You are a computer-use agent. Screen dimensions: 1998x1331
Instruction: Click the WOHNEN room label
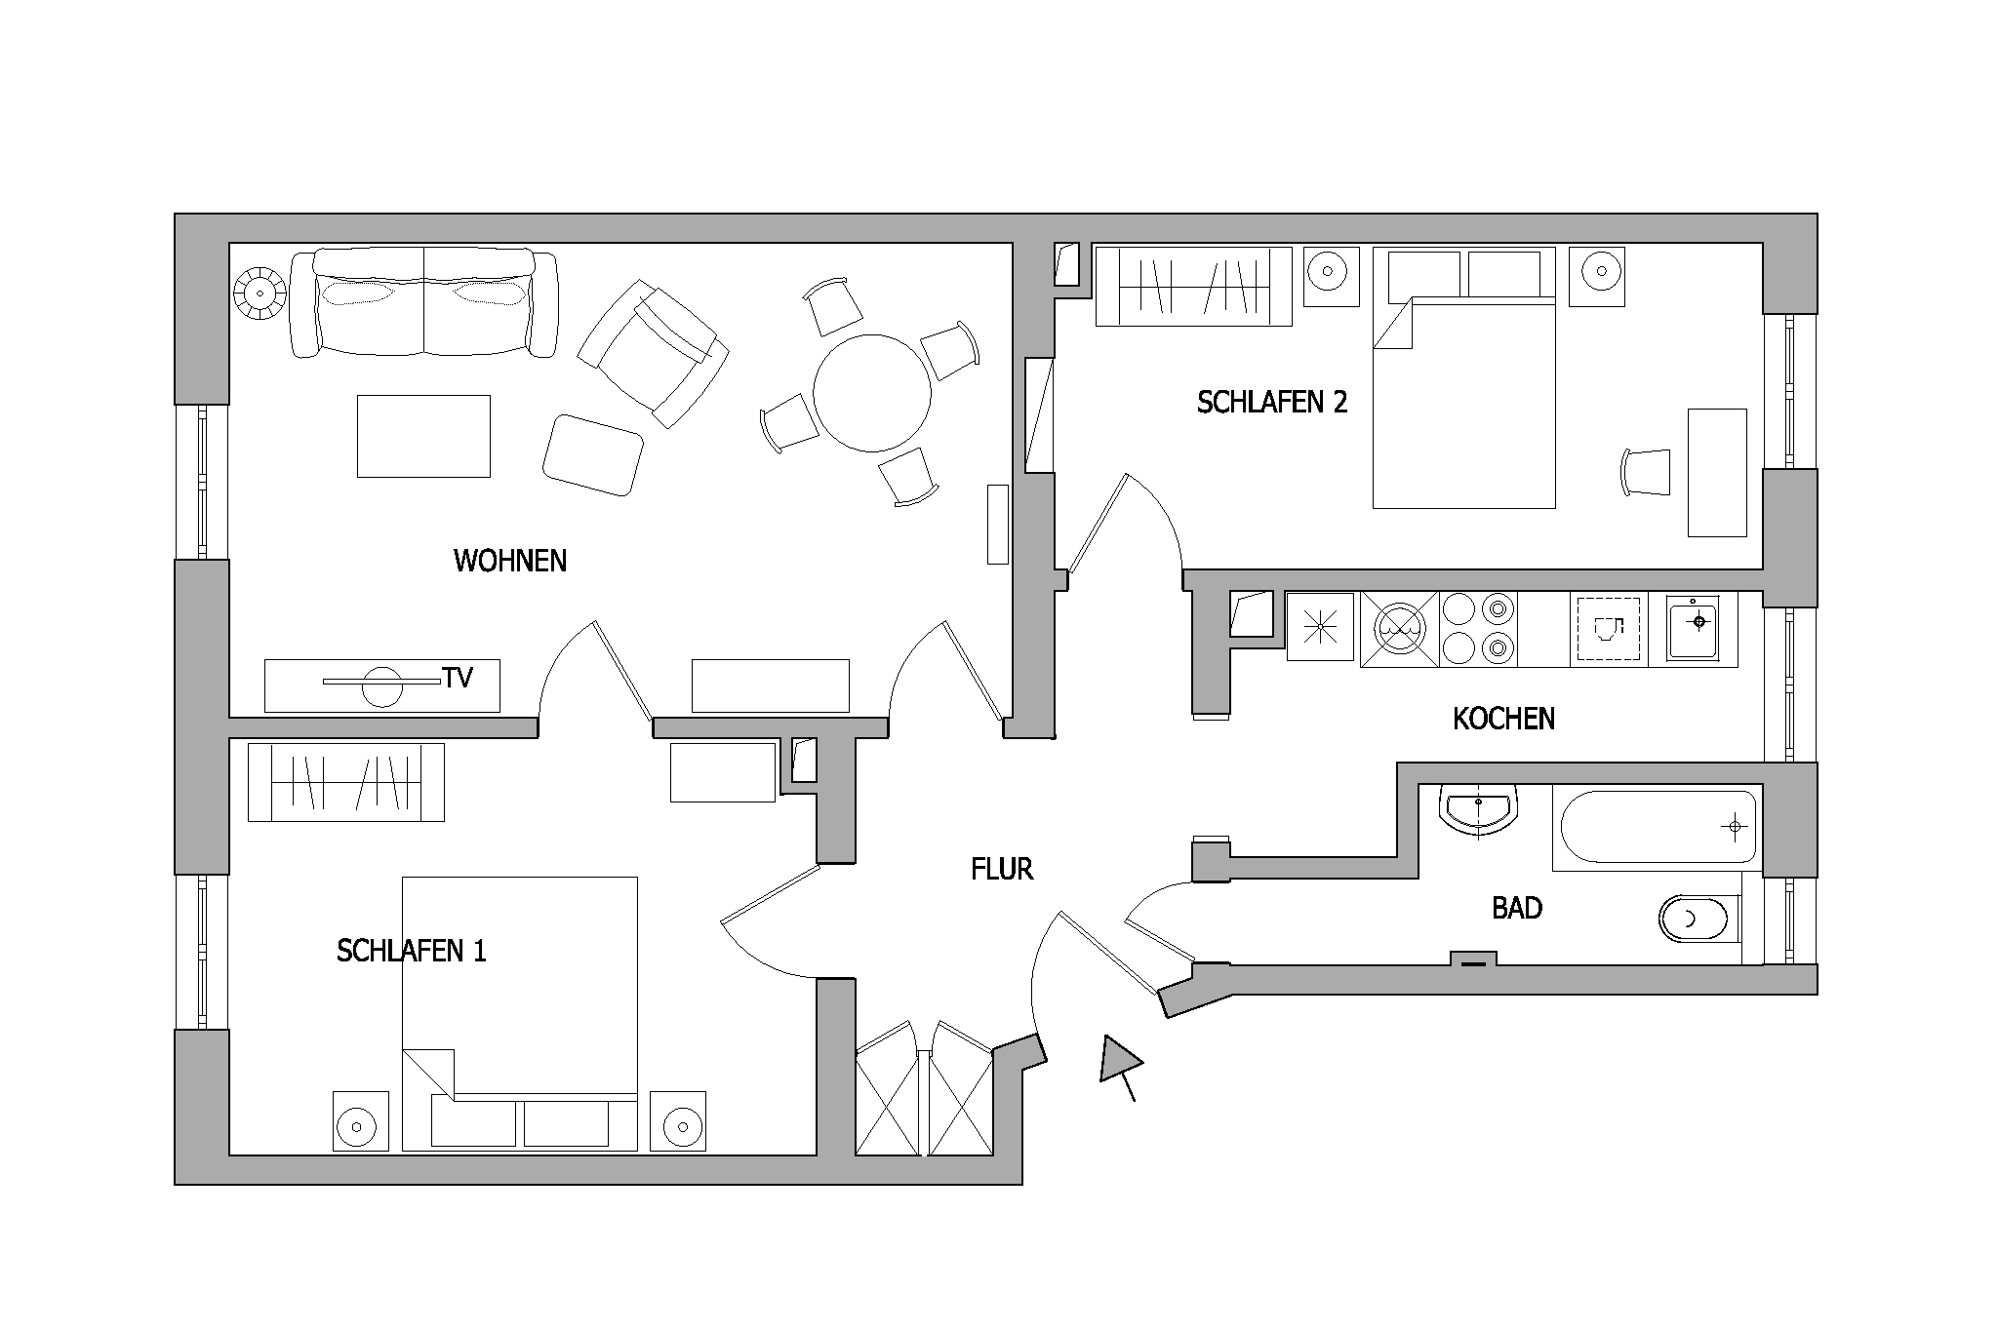(510, 561)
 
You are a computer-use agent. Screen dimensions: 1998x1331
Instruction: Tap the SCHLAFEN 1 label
(412, 951)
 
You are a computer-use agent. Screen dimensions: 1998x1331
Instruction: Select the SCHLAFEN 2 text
(1272, 402)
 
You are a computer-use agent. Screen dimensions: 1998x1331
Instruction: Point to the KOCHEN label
(1503, 720)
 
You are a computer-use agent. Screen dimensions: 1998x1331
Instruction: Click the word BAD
(1517, 909)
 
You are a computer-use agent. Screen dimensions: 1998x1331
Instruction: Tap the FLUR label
(1002, 870)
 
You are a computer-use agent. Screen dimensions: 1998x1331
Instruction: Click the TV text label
(458, 678)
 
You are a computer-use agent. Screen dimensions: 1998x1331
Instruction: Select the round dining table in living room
(872, 393)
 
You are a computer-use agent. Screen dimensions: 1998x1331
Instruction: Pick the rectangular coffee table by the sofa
(423, 436)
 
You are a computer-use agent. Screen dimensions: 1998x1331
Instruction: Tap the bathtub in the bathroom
(1658, 828)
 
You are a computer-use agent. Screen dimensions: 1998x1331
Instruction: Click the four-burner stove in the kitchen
(1478, 629)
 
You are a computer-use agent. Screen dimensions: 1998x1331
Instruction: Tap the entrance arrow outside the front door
(1120, 1065)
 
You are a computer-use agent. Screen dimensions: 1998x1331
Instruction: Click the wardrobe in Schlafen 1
(346, 782)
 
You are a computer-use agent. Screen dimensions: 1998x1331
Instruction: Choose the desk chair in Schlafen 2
(1647, 472)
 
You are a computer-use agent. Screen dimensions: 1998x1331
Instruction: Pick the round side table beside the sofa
(260, 293)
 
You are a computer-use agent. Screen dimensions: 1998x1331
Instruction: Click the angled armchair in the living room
(654, 353)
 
